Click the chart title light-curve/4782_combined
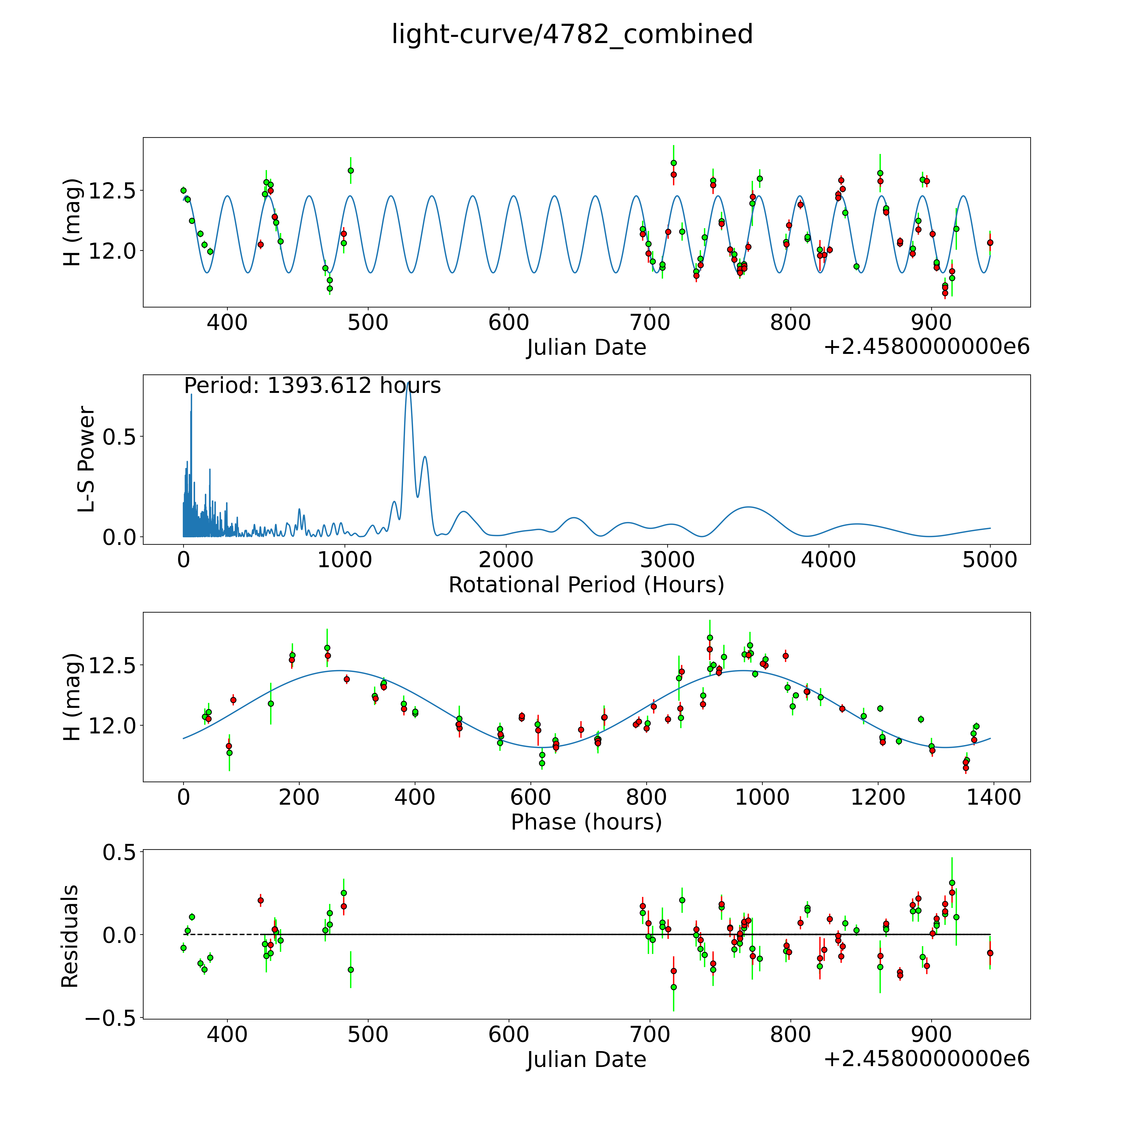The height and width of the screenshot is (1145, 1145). click(572, 34)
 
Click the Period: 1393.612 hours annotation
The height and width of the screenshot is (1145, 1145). click(312, 386)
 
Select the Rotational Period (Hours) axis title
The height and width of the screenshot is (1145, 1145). click(586, 585)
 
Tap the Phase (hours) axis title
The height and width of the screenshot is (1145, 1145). click(586, 822)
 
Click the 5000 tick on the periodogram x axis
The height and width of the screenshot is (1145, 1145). click(990, 560)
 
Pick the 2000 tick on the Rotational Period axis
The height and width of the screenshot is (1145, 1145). click(506, 560)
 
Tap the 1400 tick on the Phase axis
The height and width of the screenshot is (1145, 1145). click(993, 797)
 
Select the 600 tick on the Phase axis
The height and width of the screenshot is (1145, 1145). click(531, 797)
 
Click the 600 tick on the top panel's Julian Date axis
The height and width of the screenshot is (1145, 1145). click(508, 323)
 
